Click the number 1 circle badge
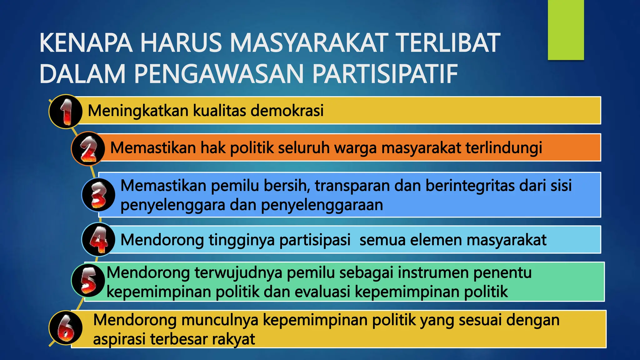(x=66, y=112)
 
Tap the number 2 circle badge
(x=88, y=148)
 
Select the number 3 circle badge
(x=98, y=195)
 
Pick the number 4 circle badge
(x=98, y=240)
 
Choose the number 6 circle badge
(x=66, y=328)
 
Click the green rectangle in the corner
(x=566, y=30)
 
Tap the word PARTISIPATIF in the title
(x=385, y=74)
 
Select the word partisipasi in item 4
(x=315, y=240)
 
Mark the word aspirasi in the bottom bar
(x=119, y=339)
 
